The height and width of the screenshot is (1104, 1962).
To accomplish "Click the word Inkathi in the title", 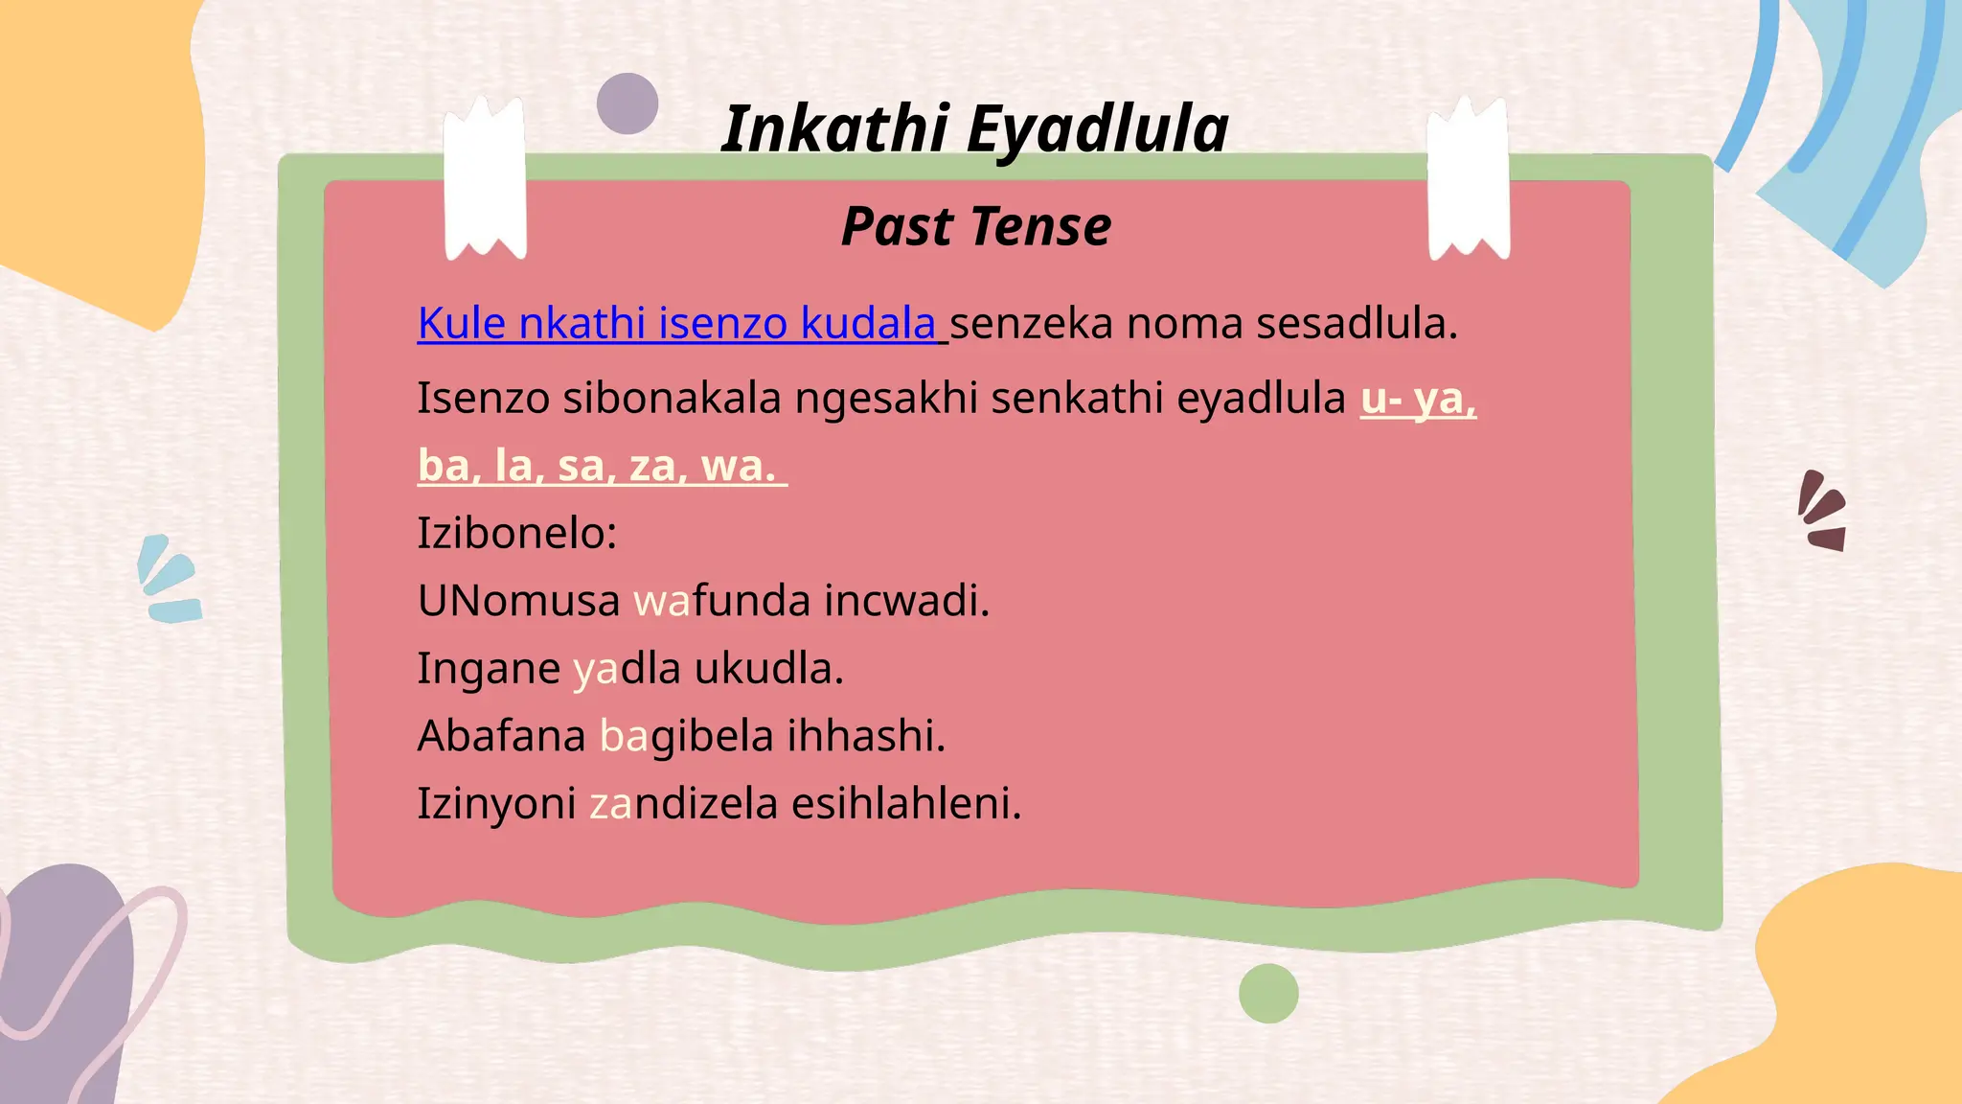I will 834,128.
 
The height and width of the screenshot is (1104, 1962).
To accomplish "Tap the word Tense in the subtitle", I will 1040,227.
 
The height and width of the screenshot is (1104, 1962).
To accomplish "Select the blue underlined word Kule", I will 461,323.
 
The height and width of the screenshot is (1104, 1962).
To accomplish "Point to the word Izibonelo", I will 516,533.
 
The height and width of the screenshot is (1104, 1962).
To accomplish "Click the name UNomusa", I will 518,601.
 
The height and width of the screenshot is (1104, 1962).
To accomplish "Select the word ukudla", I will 768,668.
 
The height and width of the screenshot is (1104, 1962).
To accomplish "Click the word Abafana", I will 501,736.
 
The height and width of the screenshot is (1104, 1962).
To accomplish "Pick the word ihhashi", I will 866,736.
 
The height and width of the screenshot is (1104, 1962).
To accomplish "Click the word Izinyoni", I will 496,803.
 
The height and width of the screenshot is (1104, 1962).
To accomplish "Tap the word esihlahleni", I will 906,803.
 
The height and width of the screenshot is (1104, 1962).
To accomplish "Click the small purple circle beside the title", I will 627,103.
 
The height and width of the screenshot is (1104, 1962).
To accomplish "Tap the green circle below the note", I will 1268,994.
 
